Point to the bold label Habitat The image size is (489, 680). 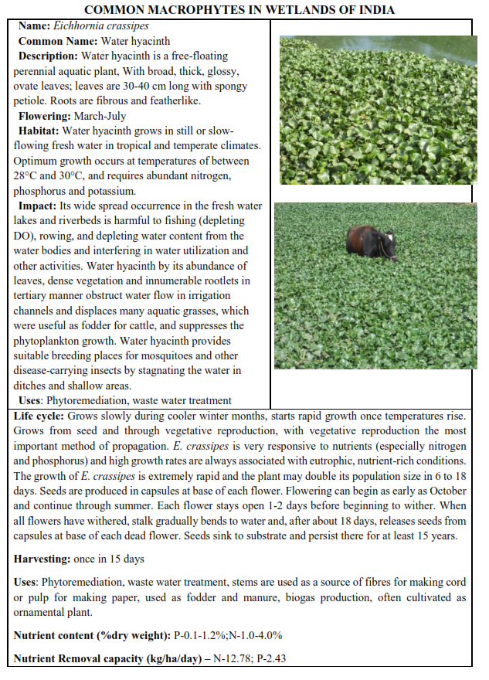(38, 131)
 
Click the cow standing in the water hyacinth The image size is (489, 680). (371, 241)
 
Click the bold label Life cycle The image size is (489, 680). (39, 416)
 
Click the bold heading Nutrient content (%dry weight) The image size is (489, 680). (91, 635)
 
